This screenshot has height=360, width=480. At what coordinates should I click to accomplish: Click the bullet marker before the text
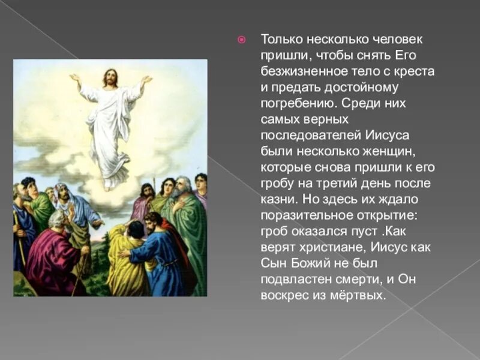(242, 40)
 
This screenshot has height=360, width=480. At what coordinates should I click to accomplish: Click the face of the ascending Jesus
(109, 78)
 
